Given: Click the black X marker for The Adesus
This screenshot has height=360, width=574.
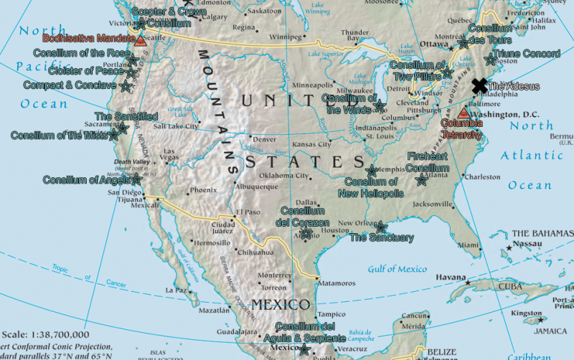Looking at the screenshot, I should [479, 85].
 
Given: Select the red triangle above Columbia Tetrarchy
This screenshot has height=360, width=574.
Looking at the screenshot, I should [464, 113].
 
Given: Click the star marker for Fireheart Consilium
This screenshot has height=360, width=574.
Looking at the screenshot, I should [422, 180].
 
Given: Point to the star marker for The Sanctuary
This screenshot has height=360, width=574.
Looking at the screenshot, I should [382, 227].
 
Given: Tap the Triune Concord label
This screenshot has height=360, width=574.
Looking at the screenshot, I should [527, 54].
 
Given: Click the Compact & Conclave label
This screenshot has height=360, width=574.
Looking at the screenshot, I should [69, 85].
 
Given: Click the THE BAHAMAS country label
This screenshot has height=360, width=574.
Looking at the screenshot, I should [541, 234].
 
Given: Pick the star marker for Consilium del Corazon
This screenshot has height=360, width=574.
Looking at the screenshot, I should [306, 232].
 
